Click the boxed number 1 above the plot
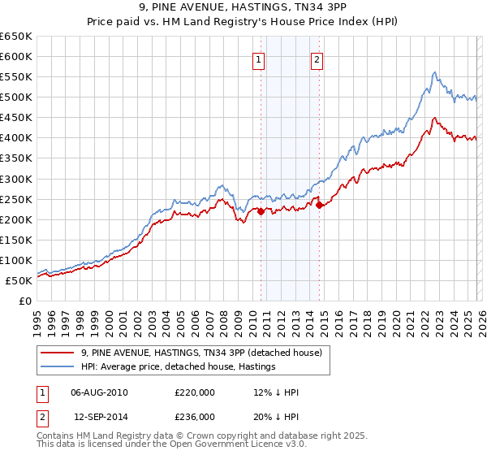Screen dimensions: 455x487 259,59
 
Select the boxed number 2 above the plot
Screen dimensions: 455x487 316,59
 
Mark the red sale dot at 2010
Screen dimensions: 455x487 261,211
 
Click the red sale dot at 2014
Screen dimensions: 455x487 319,205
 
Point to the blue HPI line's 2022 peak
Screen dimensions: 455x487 435,72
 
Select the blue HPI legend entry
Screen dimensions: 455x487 179,367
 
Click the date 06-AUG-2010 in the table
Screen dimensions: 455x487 100,392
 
